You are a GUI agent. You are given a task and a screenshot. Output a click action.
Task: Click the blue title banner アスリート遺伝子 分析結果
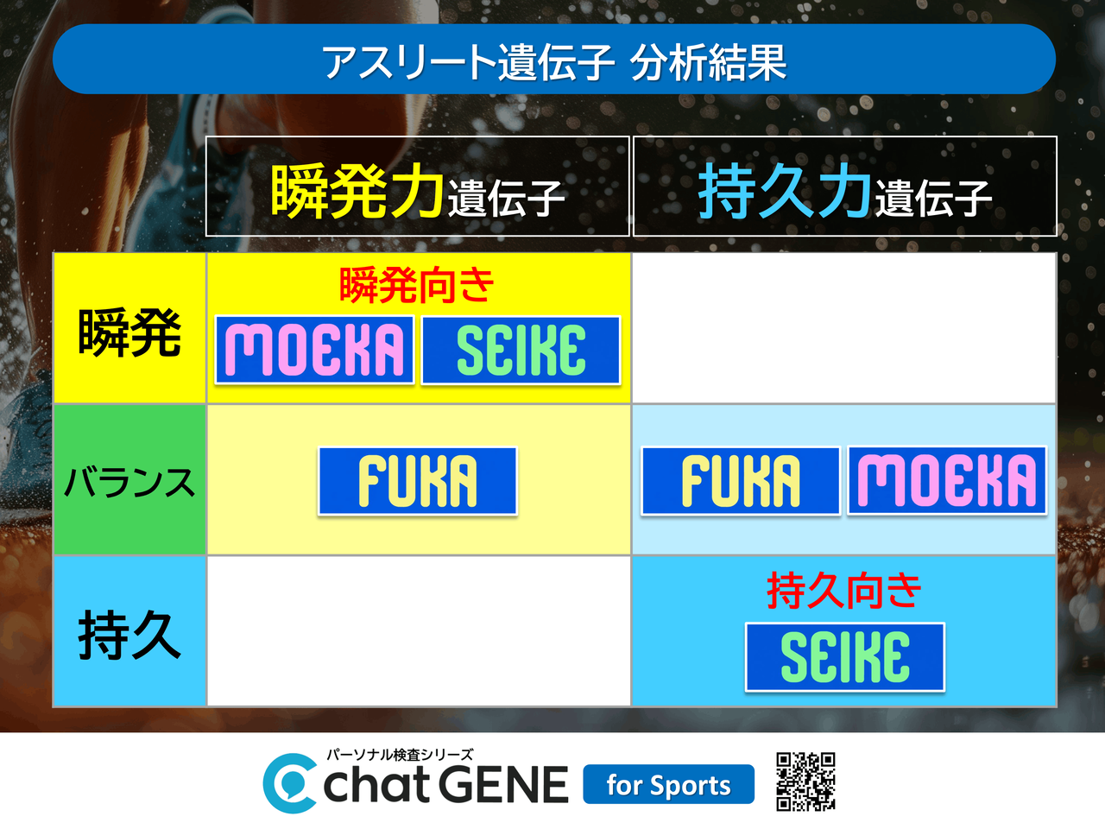[x=553, y=59]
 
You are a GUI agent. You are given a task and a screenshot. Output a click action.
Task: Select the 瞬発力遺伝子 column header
[x=417, y=186]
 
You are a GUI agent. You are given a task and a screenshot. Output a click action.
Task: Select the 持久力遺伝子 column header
[x=844, y=186]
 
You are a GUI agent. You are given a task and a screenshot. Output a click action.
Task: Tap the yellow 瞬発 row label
[x=129, y=327]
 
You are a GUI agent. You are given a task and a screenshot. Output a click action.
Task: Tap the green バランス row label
[x=129, y=479]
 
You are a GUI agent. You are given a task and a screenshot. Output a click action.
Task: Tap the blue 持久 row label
[x=129, y=631]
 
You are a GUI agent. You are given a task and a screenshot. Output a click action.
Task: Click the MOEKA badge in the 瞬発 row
[x=314, y=350]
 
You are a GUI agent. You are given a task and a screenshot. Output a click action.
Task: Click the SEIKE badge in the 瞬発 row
[x=521, y=350]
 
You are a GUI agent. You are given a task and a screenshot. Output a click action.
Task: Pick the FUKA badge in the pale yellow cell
[x=417, y=481]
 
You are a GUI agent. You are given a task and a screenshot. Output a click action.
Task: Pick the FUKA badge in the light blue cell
[x=741, y=481]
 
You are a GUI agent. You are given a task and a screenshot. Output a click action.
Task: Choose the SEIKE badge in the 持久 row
[x=845, y=657]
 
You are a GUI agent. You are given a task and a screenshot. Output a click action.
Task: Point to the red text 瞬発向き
[x=416, y=285]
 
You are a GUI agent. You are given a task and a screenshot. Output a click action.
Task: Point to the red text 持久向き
[x=843, y=591]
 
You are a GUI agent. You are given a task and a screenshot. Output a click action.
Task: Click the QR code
[x=805, y=782]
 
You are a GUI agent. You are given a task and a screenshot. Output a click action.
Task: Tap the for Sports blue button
[x=668, y=784]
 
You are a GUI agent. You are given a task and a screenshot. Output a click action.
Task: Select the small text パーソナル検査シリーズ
[x=400, y=755]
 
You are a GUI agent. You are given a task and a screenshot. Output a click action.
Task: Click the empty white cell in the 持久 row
[x=419, y=631]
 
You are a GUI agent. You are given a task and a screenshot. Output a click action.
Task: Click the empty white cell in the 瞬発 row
[x=844, y=327]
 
